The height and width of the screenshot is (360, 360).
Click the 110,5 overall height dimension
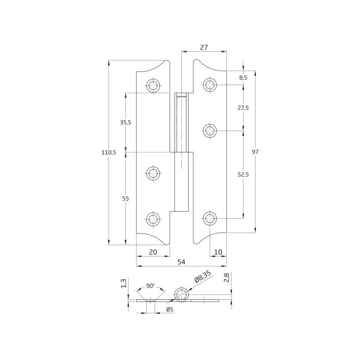[109, 152]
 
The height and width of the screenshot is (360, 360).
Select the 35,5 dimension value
[126, 122]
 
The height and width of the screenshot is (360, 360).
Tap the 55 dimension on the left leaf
[126, 198]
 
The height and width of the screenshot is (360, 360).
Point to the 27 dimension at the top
[204, 47]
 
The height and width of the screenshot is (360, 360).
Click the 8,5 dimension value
[243, 77]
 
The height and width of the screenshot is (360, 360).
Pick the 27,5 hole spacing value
[243, 108]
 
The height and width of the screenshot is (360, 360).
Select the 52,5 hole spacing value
[243, 175]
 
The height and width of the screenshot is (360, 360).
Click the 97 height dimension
[255, 152]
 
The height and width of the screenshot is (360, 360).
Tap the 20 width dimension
[153, 252]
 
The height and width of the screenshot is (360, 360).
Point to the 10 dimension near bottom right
[218, 252]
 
